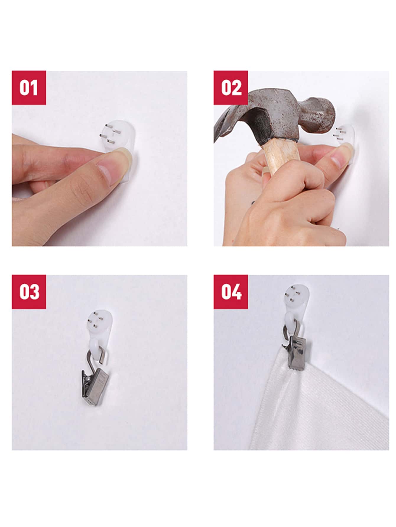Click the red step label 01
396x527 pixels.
(x=29, y=88)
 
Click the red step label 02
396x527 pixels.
(x=231, y=88)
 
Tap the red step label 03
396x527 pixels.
(x=29, y=292)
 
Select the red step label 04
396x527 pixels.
(x=231, y=292)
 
